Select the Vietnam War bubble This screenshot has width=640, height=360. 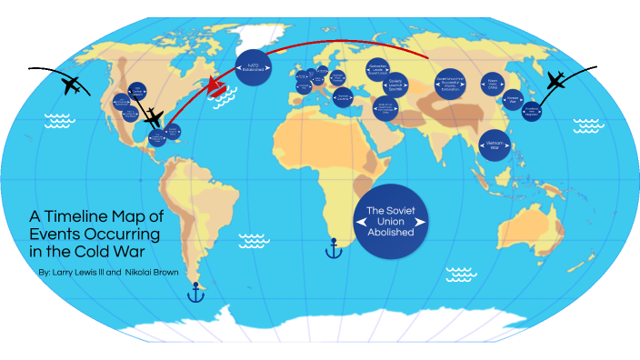[x=495, y=148]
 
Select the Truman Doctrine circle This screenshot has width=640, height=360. [x=343, y=96]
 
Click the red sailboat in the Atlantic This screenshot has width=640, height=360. [x=219, y=86]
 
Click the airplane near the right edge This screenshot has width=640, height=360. [x=555, y=81]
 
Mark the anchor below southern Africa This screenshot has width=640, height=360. [x=334, y=247]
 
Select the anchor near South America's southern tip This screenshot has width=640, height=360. [x=193, y=293]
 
